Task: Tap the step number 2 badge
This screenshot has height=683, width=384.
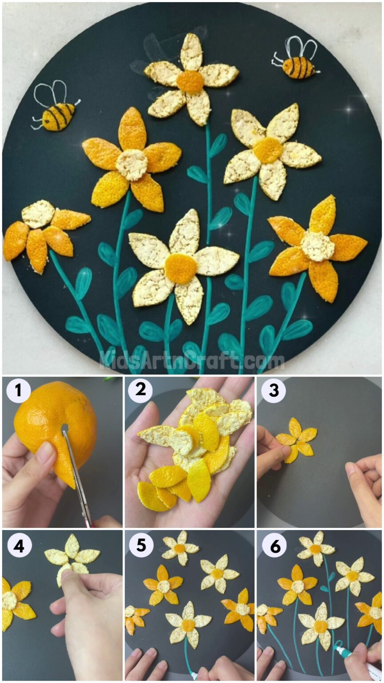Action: click(141, 390)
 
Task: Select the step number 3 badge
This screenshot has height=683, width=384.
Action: click(273, 391)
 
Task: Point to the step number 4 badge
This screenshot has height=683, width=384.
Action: click(19, 546)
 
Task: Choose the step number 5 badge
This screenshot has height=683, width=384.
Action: click(141, 545)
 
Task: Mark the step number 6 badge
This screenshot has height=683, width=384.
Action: click(273, 546)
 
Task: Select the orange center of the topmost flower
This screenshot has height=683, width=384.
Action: click(190, 82)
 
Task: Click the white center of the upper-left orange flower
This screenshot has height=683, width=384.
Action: click(132, 165)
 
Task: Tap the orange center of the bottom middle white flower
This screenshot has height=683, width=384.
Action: click(180, 269)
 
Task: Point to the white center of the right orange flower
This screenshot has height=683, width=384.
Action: click(317, 246)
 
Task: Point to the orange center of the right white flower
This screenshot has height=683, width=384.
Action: click(268, 150)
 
